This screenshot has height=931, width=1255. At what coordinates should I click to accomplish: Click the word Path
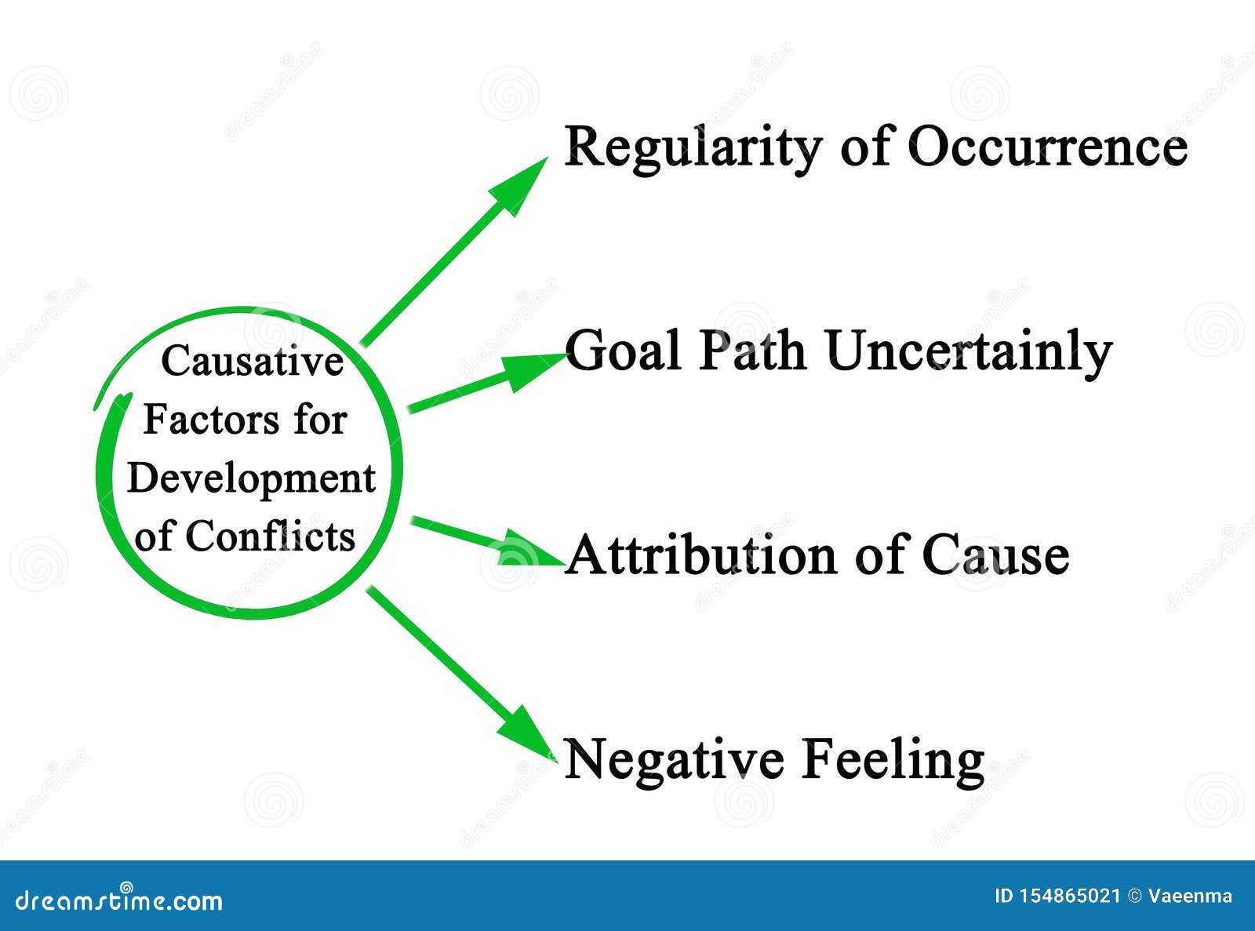click(x=751, y=351)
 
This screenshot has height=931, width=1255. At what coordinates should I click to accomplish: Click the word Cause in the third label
click(x=995, y=555)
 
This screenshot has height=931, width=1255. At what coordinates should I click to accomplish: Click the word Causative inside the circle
click(x=253, y=362)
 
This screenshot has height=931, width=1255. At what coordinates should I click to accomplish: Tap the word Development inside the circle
click(x=251, y=478)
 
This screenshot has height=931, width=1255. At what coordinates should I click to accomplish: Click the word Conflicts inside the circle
click(x=270, y=536)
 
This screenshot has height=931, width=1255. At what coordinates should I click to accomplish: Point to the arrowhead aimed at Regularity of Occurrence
click(x=522, y=184)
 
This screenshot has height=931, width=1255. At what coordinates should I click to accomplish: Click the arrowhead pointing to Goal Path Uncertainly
click(x=533, y=369)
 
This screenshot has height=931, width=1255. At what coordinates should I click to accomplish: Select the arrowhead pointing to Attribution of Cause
click(x=529, y=550)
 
